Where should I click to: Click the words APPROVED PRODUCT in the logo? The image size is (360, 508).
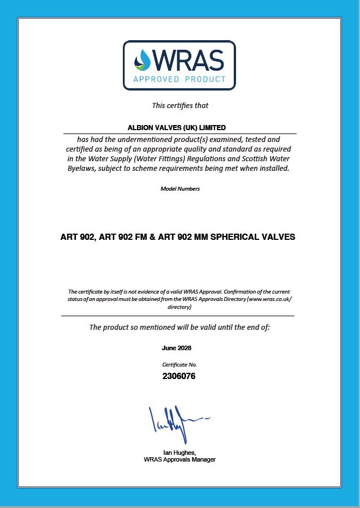tap(179, 79)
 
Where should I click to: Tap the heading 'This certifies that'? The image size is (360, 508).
tap(180, 105)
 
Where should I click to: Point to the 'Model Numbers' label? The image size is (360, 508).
tap(180, 188)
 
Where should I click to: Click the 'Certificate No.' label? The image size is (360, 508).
tap(179, 365)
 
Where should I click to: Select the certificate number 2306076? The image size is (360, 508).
tap(179, 376)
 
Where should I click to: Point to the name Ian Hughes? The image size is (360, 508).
tap(179, 453)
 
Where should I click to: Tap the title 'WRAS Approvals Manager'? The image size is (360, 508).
tap(179, 459)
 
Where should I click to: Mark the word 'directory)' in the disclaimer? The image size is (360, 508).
tap(179, 307)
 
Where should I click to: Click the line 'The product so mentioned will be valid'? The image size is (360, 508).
tap(180, 327)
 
